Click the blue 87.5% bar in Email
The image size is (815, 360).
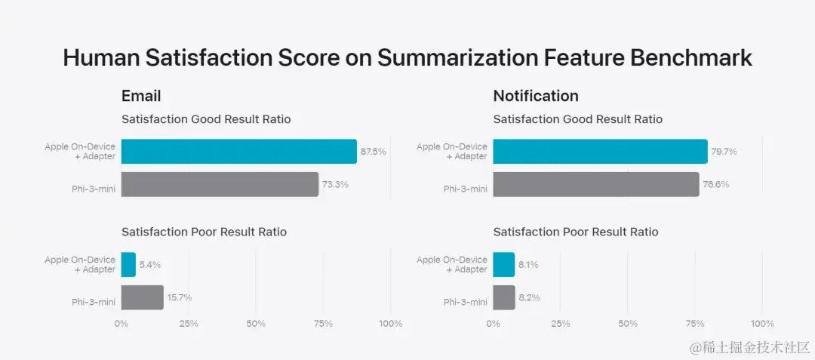[238, 152]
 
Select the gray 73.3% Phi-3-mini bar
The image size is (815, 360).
[220, 184]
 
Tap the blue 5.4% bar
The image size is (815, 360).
[128, 265]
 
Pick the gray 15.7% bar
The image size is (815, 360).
[142, 297]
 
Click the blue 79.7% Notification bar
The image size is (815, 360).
[600, 152]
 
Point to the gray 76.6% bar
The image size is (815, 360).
[596, 184]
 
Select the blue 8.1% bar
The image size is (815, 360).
[503, 265]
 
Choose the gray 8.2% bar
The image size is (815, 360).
[504, 297]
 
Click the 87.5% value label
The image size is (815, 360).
[373, 152]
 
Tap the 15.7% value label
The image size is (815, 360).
[180, 297]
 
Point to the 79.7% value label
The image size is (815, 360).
[724, 152]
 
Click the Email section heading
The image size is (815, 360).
[141, 97]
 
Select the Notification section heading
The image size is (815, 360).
[536, 97]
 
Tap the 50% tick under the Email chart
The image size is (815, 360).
[256, 324]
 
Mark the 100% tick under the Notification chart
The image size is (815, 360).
[762, 324]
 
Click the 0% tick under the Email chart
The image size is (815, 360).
[121, 324]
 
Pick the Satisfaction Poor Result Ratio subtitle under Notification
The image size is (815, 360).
[576, 232]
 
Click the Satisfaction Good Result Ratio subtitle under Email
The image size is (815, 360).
[206, 119]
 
